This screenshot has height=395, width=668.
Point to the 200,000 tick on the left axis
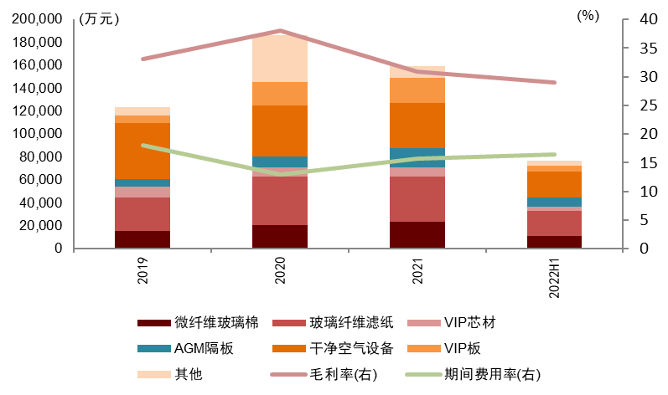39,18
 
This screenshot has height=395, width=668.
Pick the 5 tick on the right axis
643,220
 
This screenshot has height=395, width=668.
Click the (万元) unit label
97,20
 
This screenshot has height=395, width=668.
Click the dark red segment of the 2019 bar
142,239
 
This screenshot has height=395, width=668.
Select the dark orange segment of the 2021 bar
417,126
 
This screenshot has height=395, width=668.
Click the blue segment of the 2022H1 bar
555,202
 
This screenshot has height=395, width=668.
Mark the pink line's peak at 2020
280,31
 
